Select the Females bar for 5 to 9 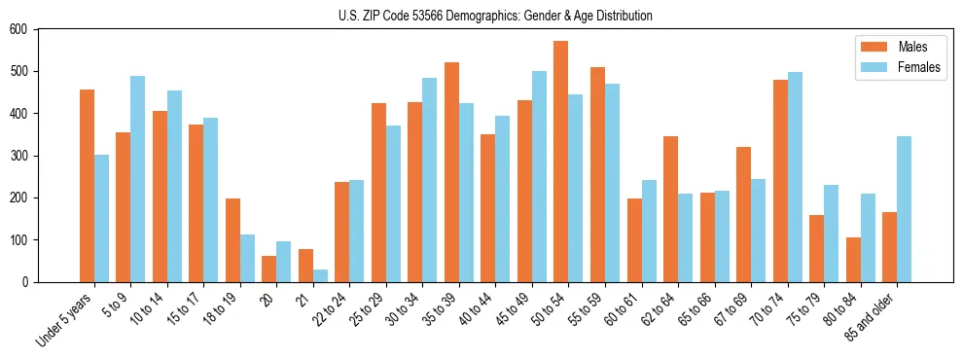tap(137, 179)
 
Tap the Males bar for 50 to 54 tap(561, 162)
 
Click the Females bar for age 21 tap(320, 275)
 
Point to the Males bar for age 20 tap(269, 269)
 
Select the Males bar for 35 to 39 tap(451, 172)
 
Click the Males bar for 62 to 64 tap(670, 209)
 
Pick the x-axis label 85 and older tap(870, 317)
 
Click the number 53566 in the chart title tap(428, 16)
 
